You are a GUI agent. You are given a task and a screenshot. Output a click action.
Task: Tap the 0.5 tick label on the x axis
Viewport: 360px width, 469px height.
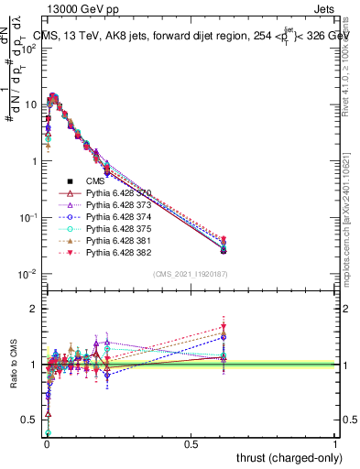pos(191,444)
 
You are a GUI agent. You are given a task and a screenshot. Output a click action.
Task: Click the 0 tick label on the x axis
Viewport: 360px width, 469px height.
pos(47,444)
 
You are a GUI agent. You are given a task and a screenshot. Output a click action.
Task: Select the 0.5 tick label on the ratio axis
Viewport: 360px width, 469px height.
pos(27,420)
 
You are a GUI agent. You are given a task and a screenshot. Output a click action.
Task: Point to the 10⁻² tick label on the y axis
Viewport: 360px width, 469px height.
pos(27,274)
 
